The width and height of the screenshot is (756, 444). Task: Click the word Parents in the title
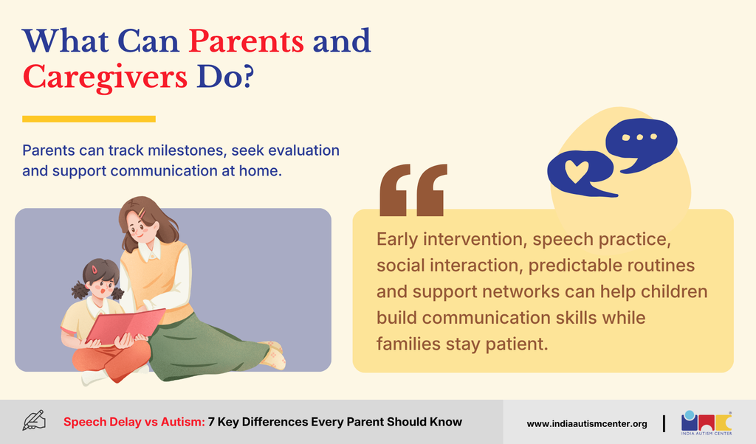click(246, 41)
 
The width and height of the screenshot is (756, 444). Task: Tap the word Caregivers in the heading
click(105, 78)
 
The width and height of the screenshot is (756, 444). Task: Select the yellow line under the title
click(89, 119)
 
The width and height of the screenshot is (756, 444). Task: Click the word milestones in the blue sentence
click(185, 150)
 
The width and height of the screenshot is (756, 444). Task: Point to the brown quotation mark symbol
click(413, 190)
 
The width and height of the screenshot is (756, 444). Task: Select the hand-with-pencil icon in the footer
click(34, 420)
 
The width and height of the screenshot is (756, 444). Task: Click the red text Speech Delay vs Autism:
click(134, 422)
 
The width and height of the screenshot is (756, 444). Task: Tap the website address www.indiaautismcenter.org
click(587, 424)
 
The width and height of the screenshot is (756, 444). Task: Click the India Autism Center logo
click(707, 423)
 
